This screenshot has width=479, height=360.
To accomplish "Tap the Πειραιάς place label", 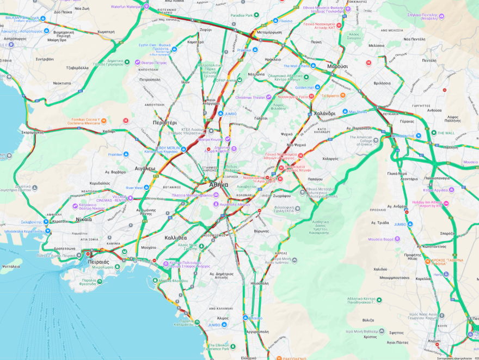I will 99,261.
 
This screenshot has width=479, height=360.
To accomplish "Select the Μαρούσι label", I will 337,66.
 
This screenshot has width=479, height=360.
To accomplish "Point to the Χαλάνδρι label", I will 324,113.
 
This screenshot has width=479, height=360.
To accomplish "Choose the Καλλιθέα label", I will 175,237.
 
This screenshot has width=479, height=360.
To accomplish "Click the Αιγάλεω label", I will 145,168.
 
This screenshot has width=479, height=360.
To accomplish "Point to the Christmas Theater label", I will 250,97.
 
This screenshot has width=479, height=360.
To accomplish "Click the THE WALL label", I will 446,133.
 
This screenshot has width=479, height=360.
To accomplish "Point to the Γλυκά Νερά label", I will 397,173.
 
